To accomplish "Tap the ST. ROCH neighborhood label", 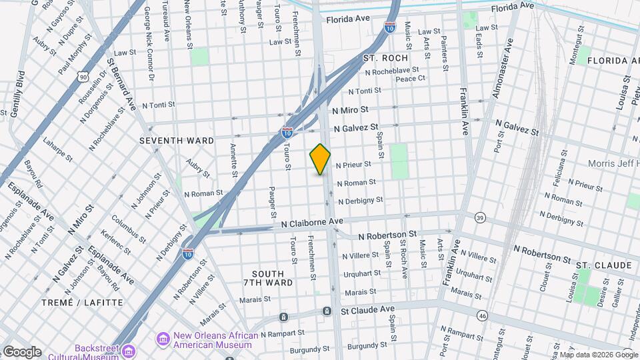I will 385,59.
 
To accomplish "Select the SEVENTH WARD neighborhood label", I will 177,141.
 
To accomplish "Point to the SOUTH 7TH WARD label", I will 273,278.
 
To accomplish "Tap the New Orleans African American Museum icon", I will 163,340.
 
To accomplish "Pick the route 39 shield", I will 480,217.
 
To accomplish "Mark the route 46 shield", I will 483,315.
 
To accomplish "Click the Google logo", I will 22,352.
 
